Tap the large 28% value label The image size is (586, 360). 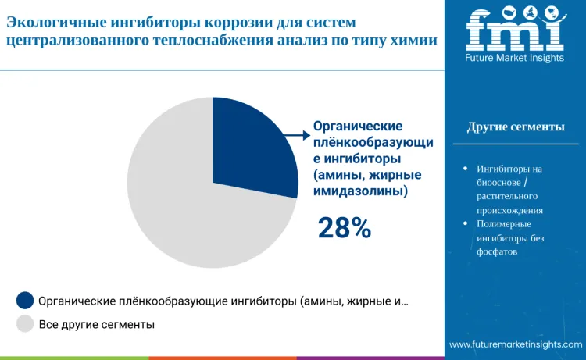click(x=344, y=227)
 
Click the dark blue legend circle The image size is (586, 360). click(x=25, y=301)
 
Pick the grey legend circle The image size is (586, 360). click(x=25, y=323)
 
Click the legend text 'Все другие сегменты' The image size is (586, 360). click(x=96, y=323)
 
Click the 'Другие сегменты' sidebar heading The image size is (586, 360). click(x=515, y=127)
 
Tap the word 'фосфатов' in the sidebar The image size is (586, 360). click(x=498, y=251)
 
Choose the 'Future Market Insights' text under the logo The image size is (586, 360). click(x=514, y=59)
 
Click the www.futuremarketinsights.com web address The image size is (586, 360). click(x=515, y=344)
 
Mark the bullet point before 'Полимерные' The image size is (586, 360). click(x=466, y=224)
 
